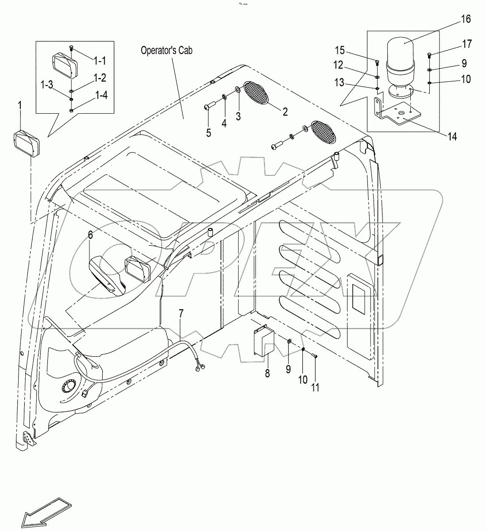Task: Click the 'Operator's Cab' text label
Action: coord(166,50)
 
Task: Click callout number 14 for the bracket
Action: coord(451,136)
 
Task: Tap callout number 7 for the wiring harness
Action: coord(180,314)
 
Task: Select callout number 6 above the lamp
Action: coord(90,235)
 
